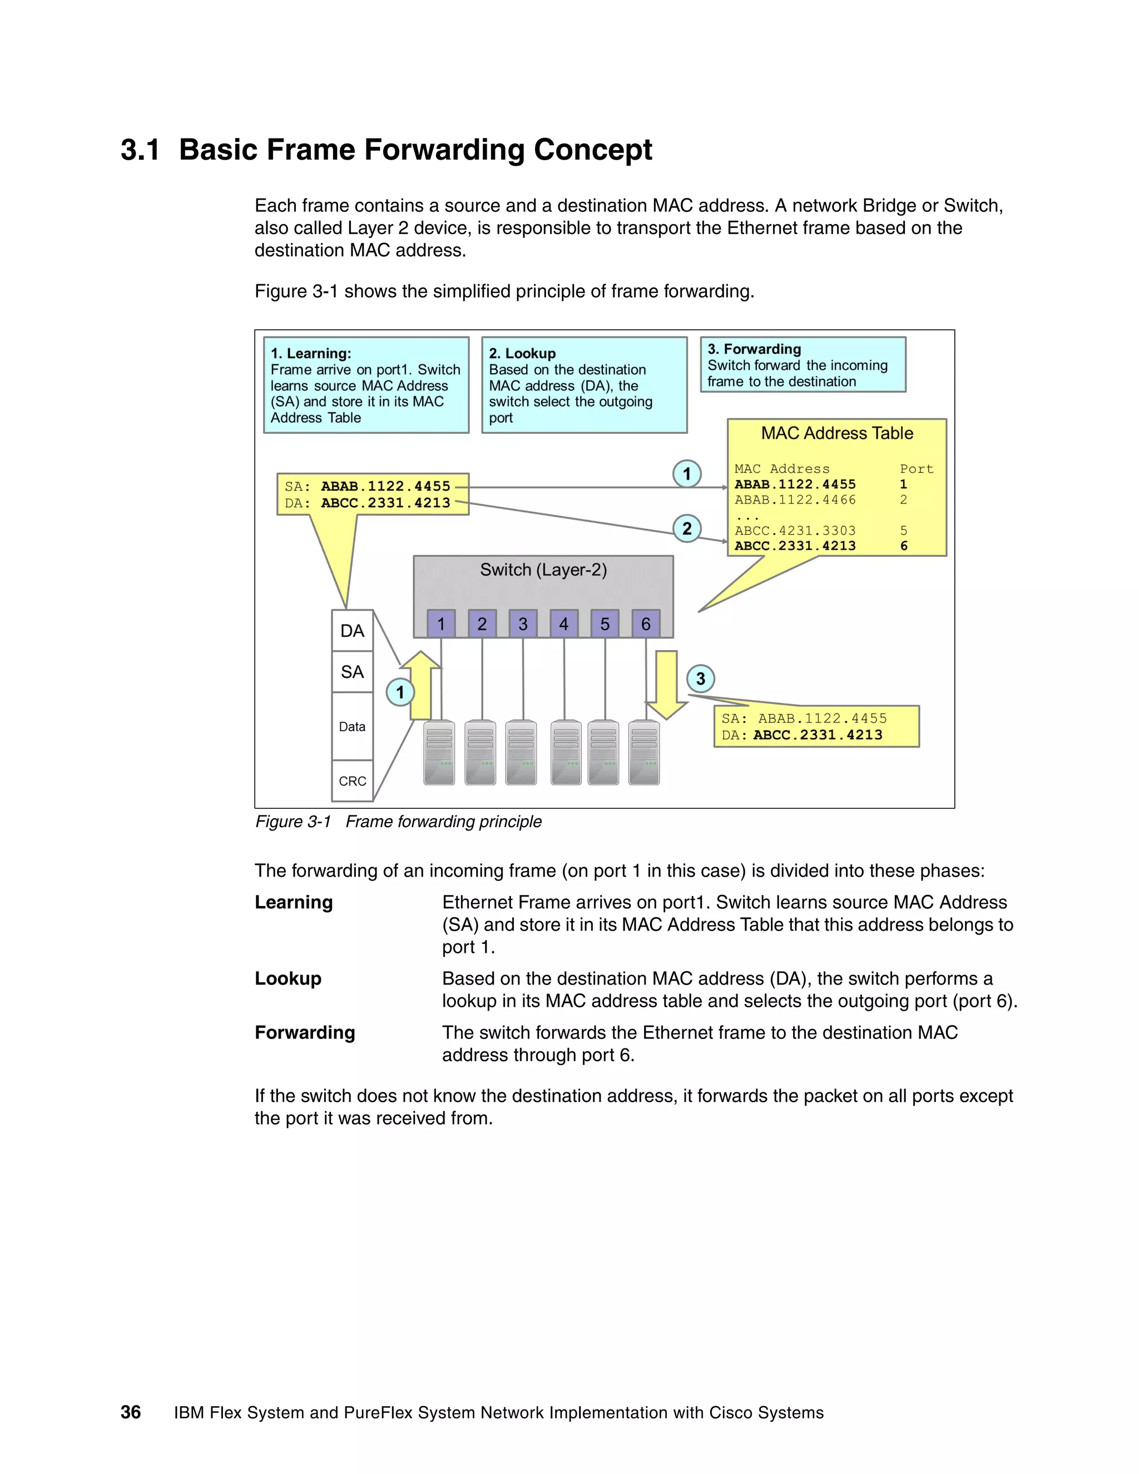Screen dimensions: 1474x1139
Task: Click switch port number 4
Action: pos(563,624)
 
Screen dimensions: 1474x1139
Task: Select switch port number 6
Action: pos(645,624)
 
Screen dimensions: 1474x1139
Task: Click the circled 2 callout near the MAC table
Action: pos(686,528)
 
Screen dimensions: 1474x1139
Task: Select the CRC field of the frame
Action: pos(352,781)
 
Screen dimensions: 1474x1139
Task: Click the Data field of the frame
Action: pos(352,726)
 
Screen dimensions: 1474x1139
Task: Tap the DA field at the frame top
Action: pos(352,630)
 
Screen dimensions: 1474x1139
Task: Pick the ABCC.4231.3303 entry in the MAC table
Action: pos(795,531)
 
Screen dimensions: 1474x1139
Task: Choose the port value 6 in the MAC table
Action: pos(904,546)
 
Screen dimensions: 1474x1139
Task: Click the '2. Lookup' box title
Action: pos(522,353)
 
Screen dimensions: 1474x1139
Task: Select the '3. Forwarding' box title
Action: pos(754,349)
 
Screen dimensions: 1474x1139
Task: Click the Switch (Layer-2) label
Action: pos(543,570)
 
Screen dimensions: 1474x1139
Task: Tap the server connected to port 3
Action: pos(521,753)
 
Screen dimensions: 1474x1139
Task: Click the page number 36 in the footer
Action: pos(131,1412)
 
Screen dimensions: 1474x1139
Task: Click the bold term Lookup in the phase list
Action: pos(288,978)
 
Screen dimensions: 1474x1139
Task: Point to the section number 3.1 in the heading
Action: pos(140,150)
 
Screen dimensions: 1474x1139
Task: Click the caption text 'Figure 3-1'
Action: pos(293,822)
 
